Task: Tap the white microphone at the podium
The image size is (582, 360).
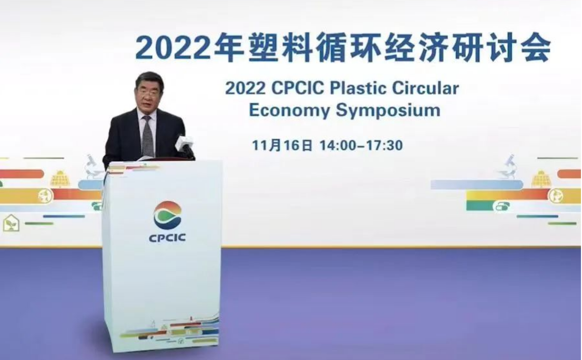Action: coord(184,144)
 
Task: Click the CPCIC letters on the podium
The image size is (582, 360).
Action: coord(167,237)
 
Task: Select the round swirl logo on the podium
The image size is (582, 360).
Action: coord(167,215)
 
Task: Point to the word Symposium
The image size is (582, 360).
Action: coord(388,111)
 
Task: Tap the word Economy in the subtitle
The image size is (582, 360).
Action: coord(289,111)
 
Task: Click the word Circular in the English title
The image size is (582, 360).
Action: coord(425,88)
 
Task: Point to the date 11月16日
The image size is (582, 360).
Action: coord(282,145)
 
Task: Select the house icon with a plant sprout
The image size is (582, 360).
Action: coord(11,223)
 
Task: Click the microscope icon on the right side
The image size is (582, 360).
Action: coord(508,166)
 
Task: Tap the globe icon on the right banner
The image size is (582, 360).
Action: coord(556,196)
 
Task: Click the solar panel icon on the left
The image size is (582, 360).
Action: coord(60,179)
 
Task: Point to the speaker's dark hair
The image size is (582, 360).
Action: coord(150,79)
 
